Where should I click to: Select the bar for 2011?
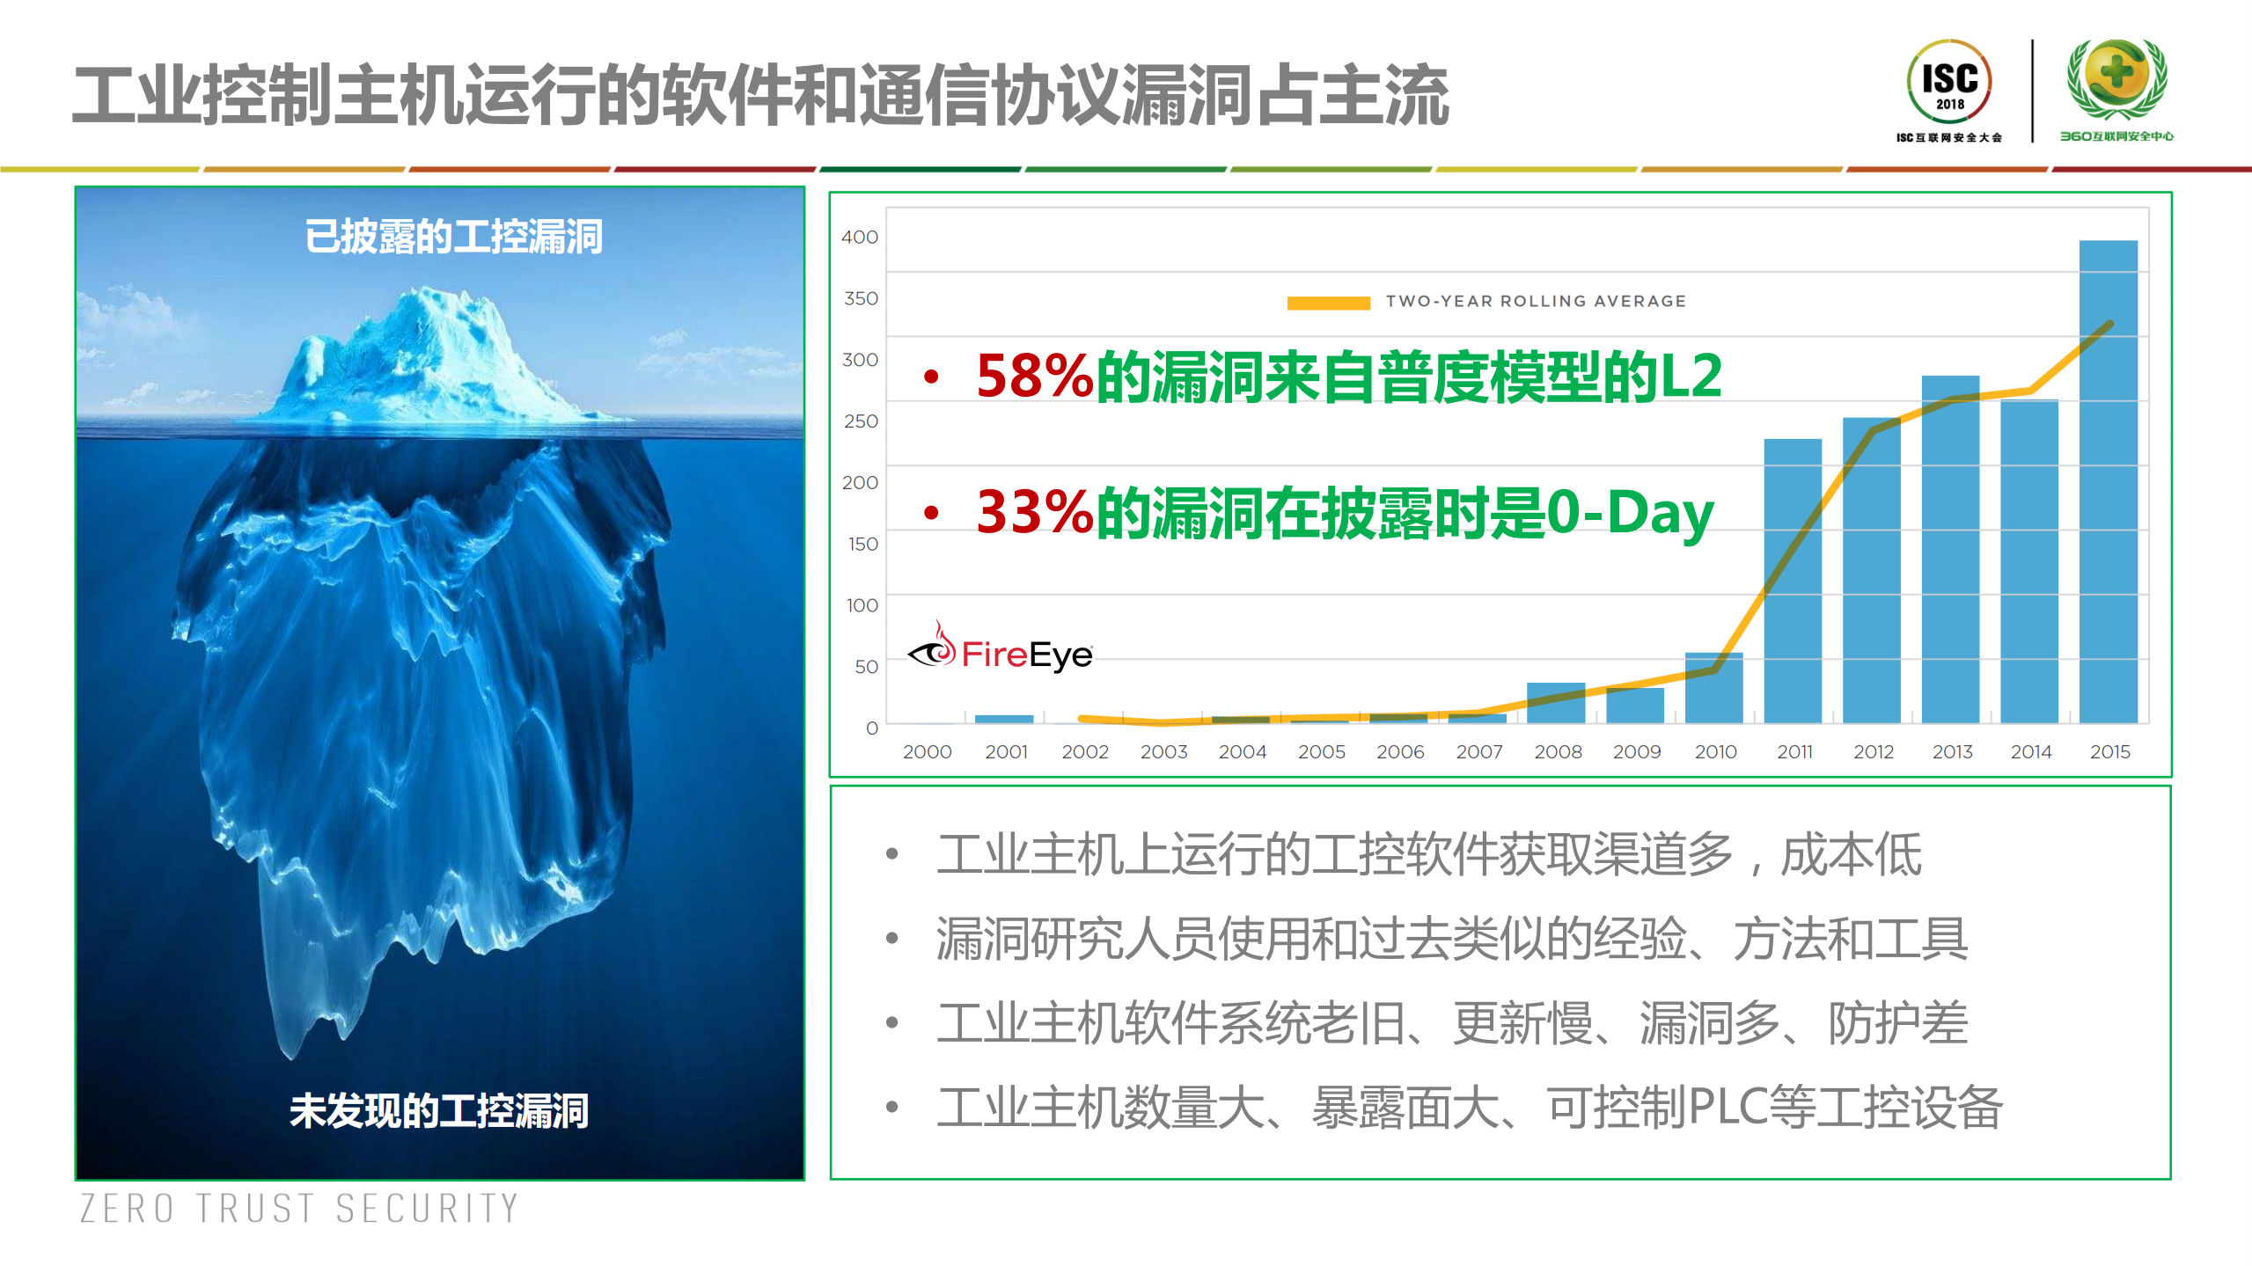[x=1793, y=581]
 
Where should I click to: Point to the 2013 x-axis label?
[x=1952, y=751]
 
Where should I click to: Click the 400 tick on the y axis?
[x=860, y=237]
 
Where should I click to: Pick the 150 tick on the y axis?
[x=862, y=544]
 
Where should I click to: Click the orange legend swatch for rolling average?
[x=1328, y=303]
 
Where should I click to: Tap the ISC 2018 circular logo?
[x=1949, y=82]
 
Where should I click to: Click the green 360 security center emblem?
[x=2116, y=79]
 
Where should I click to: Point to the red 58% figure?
[x=1035, y=377]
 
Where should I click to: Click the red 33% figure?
[x=1035, y=512]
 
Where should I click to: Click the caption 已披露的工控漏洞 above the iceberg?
[x=453, y=237]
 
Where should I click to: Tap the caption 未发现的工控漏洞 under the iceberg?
[x=438, y=1110]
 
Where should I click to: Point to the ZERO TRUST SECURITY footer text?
[x=299, y=1208]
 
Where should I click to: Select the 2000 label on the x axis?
[x=927, y=751]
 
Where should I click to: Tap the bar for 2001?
[x=1004, y=719]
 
